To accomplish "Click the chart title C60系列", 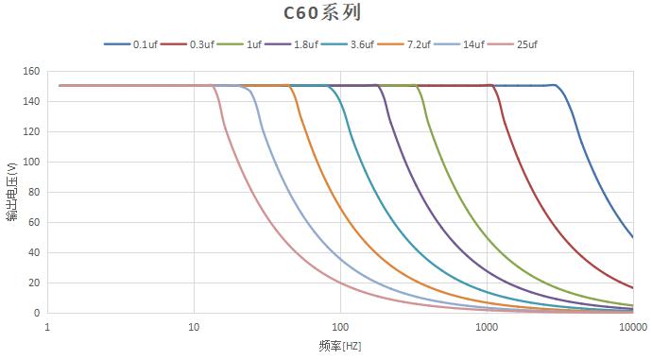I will [323, 13].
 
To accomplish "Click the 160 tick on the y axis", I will [29, 71].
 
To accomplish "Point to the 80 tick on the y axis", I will [32, 192].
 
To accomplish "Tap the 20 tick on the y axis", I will [32, 283].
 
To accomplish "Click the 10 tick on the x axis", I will [194, 326].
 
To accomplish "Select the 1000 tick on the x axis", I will [487, 326].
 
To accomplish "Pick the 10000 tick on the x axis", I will [632, 326].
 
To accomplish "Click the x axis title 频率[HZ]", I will [340, 347].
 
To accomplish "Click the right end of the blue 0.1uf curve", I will [632, 237].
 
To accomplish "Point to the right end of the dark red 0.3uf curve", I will [632, 287].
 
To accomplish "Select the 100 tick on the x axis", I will [340, 326].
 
